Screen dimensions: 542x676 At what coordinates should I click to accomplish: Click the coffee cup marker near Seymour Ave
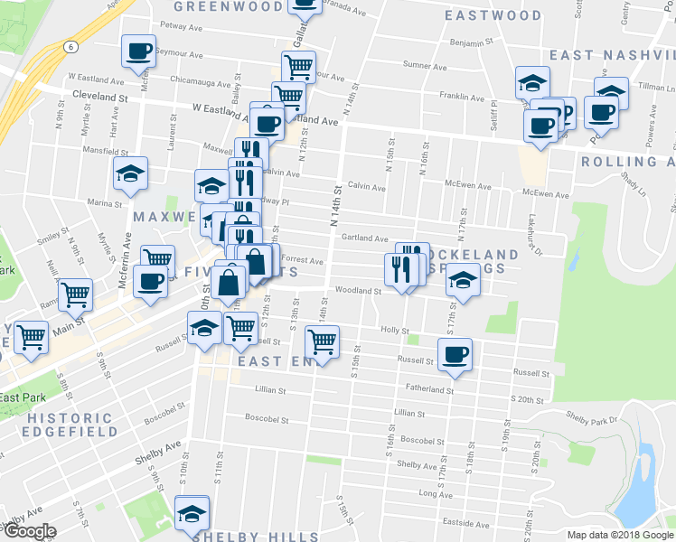pos(138,51)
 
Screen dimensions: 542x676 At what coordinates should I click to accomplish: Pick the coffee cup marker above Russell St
pos(455,353)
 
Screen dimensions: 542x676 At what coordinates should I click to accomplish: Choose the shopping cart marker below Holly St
pos(322,341)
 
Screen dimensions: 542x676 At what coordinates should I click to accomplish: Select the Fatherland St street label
pos(428,390)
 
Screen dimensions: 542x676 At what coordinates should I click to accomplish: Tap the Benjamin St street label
pos(472,42)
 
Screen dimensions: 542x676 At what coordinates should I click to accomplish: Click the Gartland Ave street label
pos(364,238)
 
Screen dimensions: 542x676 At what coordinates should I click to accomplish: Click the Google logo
pos(30,531)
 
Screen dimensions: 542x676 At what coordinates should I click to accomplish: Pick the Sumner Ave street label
pos(424,65)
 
